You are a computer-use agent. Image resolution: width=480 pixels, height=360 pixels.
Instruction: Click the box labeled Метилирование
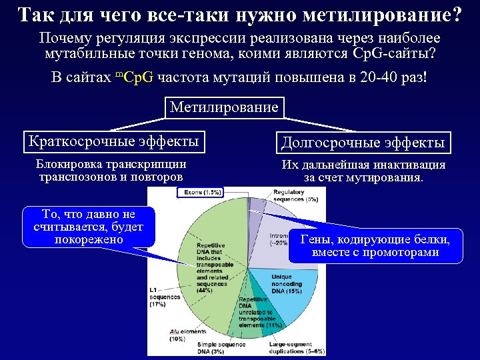click(x=224, y=107)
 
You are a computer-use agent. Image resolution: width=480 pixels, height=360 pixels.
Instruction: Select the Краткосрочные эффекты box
click(x=113, y=141)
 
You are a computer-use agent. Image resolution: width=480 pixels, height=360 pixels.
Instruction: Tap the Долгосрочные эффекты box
click(x=363, y=142)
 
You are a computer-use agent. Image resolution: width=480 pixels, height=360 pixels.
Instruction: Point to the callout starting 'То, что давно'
click(x=89, y=227)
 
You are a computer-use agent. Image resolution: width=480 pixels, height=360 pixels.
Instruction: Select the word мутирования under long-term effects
click(x=384, y=178)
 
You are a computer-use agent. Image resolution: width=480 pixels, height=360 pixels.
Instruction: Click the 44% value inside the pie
click(x=205, y=290)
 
